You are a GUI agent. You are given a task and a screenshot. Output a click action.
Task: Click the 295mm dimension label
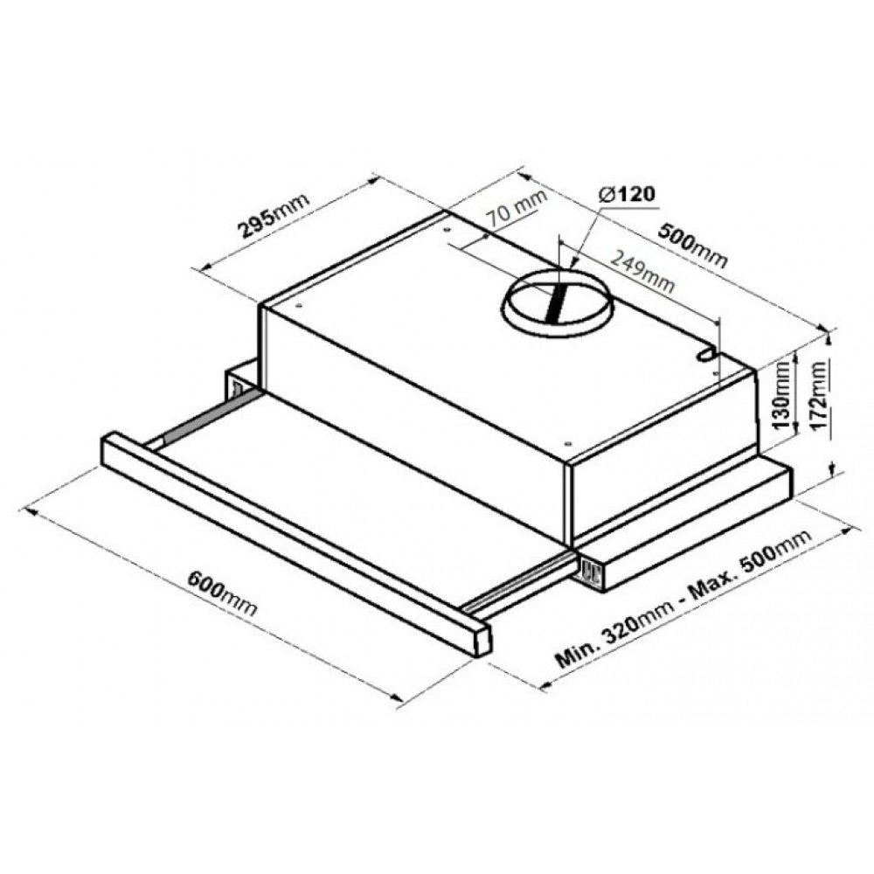coord(274,215)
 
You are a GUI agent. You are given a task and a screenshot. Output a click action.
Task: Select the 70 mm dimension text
coord(517,207)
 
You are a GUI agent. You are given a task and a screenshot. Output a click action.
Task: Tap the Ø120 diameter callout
coord(627,194)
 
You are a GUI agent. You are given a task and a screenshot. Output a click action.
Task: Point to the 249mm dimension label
coord(642,272)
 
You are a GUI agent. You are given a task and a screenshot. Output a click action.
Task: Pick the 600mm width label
coord(222,593)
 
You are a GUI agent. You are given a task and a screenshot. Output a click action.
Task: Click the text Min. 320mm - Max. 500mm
coord(683,598)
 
